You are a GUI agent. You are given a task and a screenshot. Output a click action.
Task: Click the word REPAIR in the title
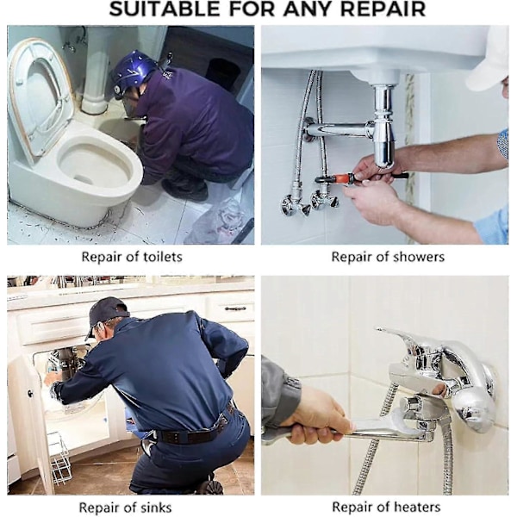[383, 9]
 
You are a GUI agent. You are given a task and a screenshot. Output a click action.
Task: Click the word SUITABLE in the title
[164, 9]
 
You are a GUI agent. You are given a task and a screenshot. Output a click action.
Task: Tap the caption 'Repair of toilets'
[132, 257]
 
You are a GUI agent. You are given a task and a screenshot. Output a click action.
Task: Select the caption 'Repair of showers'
[388, 257]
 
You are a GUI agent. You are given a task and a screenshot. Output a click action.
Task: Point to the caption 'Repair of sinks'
[125, 507]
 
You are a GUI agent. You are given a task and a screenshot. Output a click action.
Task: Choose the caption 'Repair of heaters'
[386, 507]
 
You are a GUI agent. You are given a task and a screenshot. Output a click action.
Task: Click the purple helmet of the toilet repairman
[134, 71]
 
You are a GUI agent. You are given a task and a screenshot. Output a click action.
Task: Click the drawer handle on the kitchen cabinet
[235, 308]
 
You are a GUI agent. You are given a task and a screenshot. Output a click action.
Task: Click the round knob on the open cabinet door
[30, 393]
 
